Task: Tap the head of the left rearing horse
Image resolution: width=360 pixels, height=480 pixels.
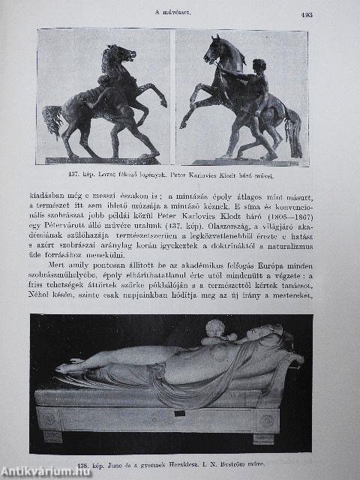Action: pos(123,54)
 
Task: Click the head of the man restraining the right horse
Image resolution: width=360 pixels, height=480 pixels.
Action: pos(259,66)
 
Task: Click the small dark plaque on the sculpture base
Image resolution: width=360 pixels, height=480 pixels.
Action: pos(180,412)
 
